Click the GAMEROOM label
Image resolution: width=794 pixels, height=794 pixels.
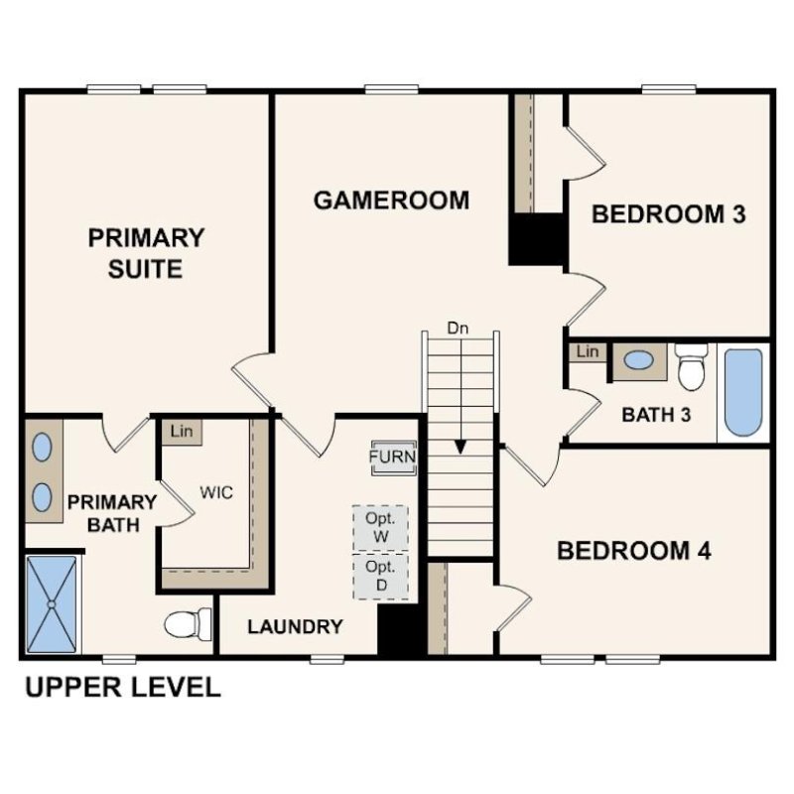coord(391,200)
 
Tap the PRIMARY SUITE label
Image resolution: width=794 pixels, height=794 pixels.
coord(146,253)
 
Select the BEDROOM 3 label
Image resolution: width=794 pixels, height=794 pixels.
coord(668,213)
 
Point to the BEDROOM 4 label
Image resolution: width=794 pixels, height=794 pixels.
coord(633,551)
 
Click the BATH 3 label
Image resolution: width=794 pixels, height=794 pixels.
coord(656,414)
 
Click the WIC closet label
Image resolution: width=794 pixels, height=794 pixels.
coord(216,492)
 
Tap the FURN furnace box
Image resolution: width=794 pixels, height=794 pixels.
coord(392,458)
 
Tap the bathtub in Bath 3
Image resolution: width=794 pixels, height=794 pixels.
coord(743,391)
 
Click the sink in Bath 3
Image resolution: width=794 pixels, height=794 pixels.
coord(639,361)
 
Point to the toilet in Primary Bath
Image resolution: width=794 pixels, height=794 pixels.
coord(188,623)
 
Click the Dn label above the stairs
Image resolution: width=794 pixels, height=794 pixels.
coord(458,327)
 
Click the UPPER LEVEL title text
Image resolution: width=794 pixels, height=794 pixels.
coord(122,687)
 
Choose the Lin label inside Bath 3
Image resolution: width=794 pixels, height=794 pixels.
coord(588,351)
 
